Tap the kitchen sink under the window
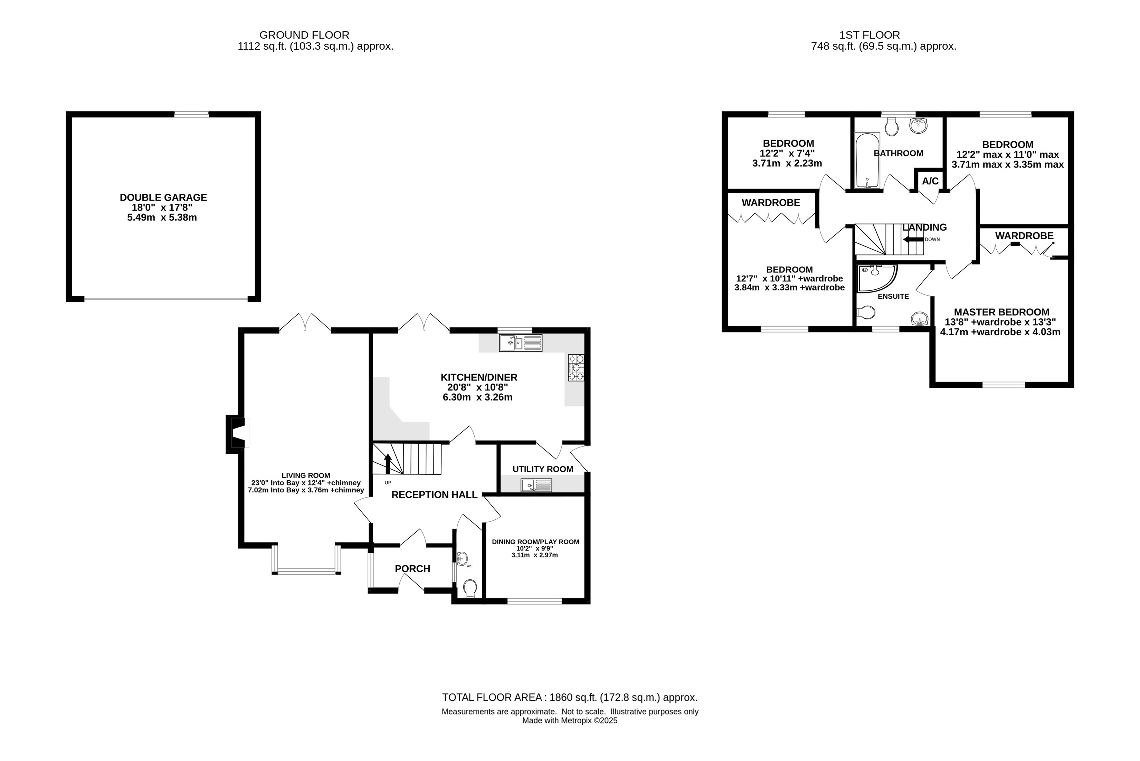click(x=521, y=343)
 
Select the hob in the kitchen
click(x=576, y=367)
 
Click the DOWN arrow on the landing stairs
click(x=913, y=239)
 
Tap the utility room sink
click(x=536, y=485)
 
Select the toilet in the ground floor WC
click(x=469, y=589)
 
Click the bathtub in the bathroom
click(x=867, y=160)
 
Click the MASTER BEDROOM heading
click(x=1001, y=312)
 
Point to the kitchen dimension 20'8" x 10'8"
click(x=478, y=387)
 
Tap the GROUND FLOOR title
click(x=304, y=35)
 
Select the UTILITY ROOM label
click(x=543, y=469)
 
